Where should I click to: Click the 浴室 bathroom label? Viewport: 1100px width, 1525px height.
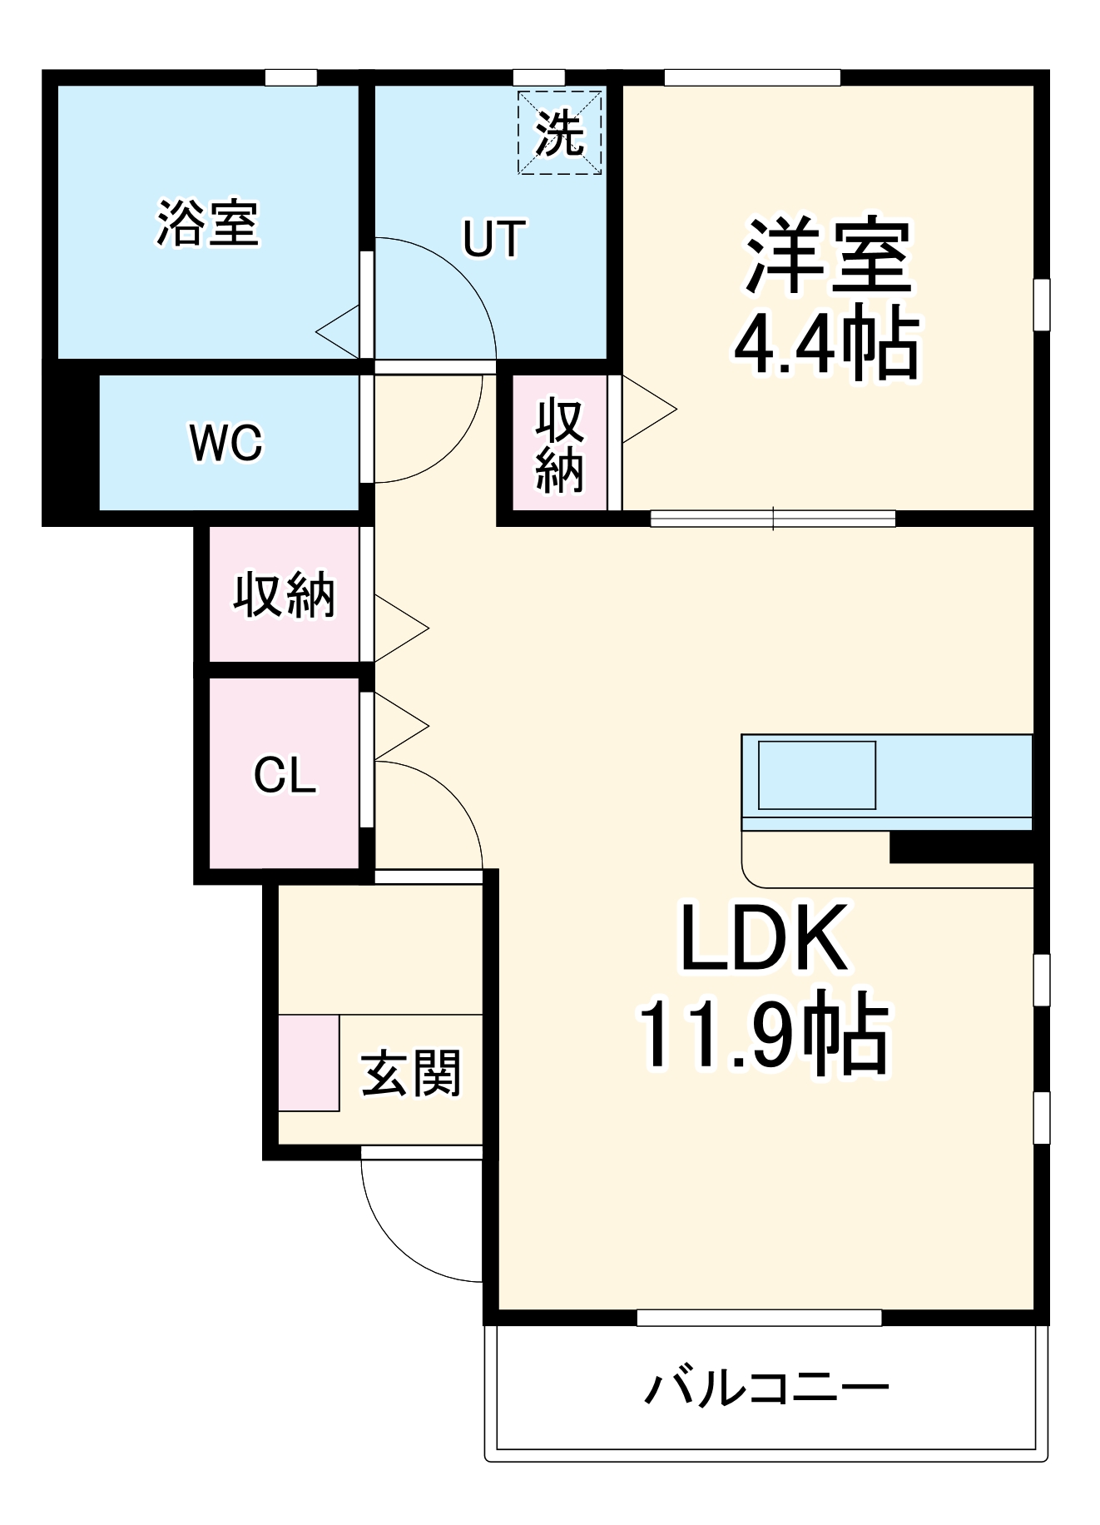click(x=208, y=223)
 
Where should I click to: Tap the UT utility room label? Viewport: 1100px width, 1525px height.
click(x=494, y=238)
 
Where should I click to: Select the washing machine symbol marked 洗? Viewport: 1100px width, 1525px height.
click(x=559, y=133)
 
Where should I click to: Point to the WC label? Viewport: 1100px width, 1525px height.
click(x=225, y=442)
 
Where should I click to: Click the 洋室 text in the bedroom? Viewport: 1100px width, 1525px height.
click(x=828, y=256)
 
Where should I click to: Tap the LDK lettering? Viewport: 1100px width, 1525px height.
click(x=764, y=940)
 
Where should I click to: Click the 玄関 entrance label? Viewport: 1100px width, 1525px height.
click(x=410, y=1073)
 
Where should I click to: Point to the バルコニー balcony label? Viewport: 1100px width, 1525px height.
click(x=767, y=1388)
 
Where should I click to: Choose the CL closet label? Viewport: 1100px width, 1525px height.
click(x=285, y=776)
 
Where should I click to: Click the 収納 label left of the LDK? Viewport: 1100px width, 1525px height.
click(x=284, y=594)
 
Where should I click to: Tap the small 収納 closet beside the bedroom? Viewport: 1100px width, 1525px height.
click(x=559, y=445)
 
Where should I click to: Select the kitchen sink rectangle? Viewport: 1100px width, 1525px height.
click(x=816, y=775)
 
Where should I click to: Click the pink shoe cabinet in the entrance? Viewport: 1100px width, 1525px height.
click(x=309, y=1062)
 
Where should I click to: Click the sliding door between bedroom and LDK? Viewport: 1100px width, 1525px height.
click(x=772, y=519)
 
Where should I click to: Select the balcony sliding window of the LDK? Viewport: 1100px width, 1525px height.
click(x=759, y=1318)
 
